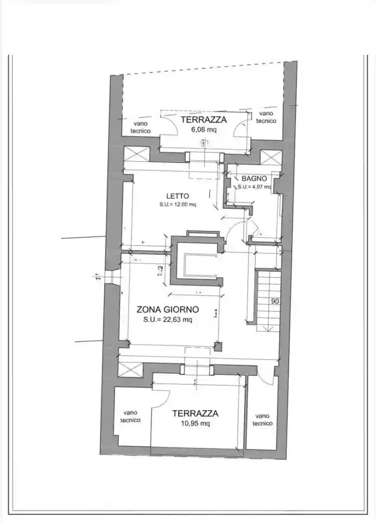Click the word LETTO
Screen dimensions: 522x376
177,196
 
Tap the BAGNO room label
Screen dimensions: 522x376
254,178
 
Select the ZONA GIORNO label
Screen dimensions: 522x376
167,309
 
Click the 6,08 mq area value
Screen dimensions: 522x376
203,130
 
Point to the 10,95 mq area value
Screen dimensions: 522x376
195,424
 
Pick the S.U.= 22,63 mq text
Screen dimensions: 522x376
167,320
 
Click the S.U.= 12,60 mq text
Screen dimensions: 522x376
177,204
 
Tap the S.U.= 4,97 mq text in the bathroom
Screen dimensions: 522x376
254,187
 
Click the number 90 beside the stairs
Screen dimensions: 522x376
275,301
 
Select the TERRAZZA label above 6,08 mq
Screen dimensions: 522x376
203,120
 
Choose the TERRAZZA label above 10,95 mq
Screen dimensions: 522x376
195,413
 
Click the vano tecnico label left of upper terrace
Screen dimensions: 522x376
140,127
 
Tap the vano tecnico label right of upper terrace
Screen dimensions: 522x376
266,117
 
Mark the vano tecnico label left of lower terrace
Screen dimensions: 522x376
130,416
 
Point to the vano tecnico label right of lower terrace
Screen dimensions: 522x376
262,420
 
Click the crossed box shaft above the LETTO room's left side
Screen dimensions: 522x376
136,154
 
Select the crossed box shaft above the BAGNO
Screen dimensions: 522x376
271,158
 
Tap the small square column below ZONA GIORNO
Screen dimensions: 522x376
218,347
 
